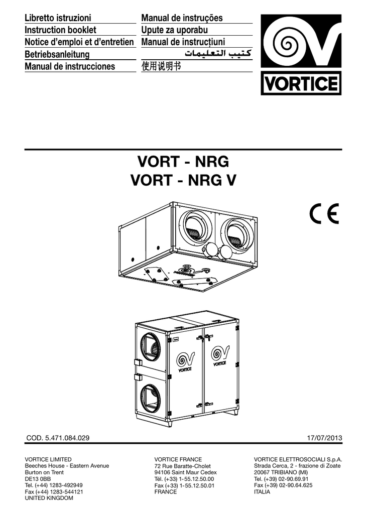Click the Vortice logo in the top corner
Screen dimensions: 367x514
301,55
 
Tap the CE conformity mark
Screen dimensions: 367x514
324,213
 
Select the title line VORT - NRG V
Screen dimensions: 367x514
183,180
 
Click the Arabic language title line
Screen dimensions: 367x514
218,53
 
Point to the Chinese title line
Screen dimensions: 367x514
161,66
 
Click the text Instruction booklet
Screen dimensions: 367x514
60,30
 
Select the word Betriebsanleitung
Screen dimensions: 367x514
57,54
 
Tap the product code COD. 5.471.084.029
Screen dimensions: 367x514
58,438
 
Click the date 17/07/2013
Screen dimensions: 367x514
324,438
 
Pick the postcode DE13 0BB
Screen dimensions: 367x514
38,479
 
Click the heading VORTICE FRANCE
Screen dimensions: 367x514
178,460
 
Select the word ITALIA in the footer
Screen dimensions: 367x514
262,492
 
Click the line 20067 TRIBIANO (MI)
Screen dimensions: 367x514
281,472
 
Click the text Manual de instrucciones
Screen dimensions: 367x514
70,66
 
